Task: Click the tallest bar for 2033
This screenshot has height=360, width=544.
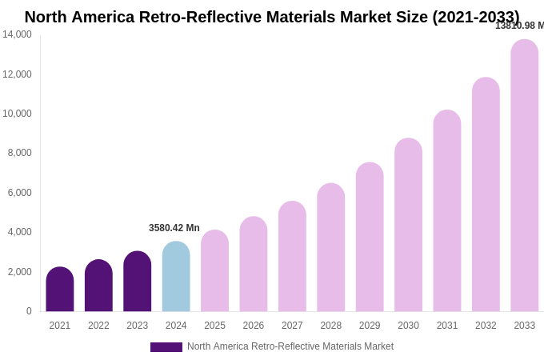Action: point(525,176)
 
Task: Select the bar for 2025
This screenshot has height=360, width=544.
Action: point(214,271)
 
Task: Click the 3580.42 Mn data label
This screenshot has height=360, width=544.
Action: point(174,228)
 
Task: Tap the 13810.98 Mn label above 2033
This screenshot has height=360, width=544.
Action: point(519,26)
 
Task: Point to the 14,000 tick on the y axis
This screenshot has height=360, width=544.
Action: point(17,34)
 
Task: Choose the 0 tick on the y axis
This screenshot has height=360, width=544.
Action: point(29,311)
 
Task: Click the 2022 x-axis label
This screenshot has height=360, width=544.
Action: point(98,326)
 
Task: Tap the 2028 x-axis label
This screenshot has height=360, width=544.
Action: point(331,326)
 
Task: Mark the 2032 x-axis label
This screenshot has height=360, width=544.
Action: point(486,326)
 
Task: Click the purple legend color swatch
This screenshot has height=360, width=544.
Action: point(166,347)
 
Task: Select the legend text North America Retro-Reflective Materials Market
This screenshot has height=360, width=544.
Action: point(290,346)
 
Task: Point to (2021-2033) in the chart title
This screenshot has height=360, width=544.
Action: point(476,17)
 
